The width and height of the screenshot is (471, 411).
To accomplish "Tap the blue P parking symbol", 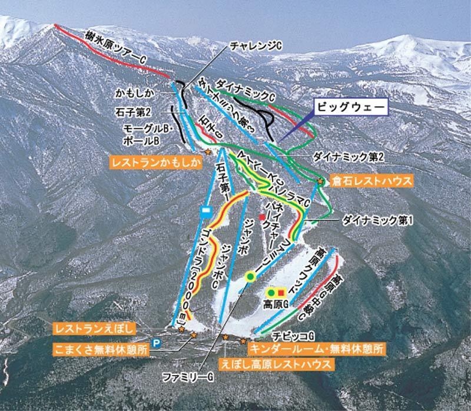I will (x=157, y=342).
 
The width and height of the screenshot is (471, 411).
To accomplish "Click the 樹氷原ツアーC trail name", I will (x=115, y=48).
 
